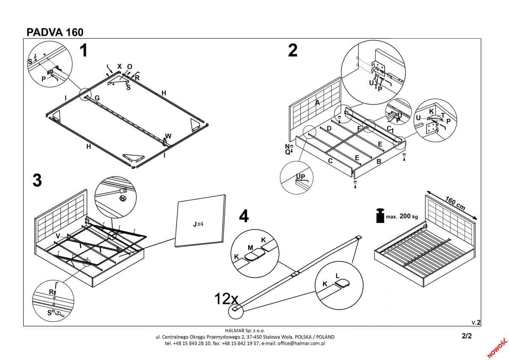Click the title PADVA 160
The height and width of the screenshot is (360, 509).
(55, 33)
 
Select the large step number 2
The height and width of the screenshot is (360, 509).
(293, 51)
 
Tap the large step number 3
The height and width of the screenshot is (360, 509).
(37, 180)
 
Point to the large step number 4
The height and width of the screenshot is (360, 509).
(243, 216)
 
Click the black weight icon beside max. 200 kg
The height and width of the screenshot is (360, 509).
(380, 216)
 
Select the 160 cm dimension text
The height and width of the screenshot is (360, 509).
(455, 203)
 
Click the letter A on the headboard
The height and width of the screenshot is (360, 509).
(317, 102)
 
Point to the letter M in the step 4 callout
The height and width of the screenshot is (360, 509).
(250, 247)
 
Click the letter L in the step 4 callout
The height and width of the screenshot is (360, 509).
(338, 276)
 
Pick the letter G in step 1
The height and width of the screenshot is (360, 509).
(97, 98)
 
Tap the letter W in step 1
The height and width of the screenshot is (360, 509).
(168, 136)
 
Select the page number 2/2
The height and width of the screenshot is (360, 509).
(467, 335)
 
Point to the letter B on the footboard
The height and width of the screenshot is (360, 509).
(379, 162)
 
